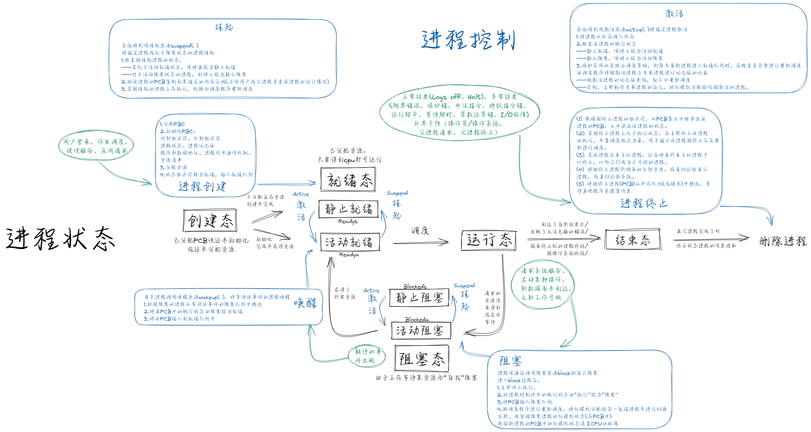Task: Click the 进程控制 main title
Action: [x=468, y=40]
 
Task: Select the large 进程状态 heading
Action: [x=60, y=238]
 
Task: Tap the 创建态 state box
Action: [x=210, y=220]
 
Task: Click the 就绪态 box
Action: [x=348, y=180]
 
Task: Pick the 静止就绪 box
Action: [x=348, y=209]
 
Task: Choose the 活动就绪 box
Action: [x=349, y=242]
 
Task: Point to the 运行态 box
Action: [x=489, y=240]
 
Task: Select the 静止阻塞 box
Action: [x=419, y=298]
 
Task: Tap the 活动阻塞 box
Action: [x=421, y=331]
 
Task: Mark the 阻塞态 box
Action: [x=422, y=359]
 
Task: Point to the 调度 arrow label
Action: [x=420, y=230]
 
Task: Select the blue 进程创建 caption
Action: [x=202, y=186]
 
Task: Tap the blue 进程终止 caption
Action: [x=644, y=203]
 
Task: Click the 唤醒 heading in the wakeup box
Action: [x=305, y=303]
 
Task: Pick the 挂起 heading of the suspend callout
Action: [x=224, y=28]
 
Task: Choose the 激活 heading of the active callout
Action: [x=674, y=14]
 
